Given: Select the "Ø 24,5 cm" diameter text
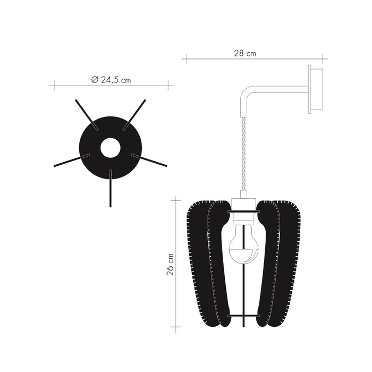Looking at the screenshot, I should tap(111, 80).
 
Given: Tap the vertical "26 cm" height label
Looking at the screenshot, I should tap(170, 263).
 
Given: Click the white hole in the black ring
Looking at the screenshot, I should tap(110, 147).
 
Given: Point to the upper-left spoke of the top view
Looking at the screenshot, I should tap(85, 113).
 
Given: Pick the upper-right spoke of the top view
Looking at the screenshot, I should tap(135, 113).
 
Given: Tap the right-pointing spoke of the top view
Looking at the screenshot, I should tap(149, 160).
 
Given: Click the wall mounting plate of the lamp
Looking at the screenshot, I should tap(315, 88).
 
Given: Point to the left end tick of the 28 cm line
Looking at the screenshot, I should tap(182, 58).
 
